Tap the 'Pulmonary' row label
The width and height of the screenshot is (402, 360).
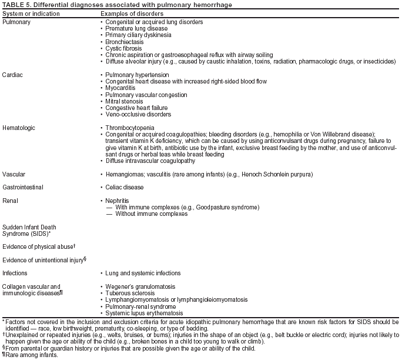click(x=16, y=22)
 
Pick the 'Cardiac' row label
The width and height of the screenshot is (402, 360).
click(x=13, y=75)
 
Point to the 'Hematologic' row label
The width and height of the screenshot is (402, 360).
click(x=18, y=128)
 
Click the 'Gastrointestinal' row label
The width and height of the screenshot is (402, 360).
click(x=22, y=187)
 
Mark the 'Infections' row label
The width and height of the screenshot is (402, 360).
click(x=15, y=273)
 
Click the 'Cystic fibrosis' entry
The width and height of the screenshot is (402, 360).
click(x=125, y=48)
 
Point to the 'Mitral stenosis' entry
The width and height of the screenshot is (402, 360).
click(x=125, y=101)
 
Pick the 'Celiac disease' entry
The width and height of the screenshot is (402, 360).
click(x=125, y=187)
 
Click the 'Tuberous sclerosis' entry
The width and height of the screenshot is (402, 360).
click(x=130, y=293)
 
